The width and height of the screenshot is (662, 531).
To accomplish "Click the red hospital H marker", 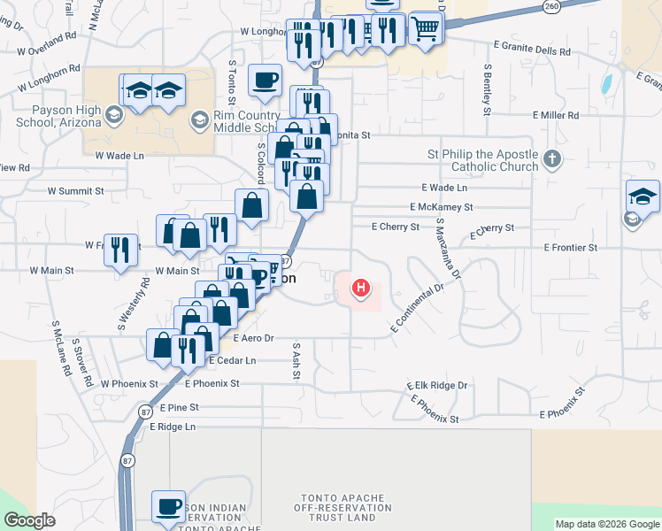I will tap(361, 288).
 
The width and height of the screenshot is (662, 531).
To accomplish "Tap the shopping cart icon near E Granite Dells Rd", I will tap(426, 28).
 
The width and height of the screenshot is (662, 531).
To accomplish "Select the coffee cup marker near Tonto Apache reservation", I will tap(168, 507).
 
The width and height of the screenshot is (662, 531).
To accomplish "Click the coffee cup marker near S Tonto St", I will tap(265, 81).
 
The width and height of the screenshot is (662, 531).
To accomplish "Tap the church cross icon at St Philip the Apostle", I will tap(551, 160).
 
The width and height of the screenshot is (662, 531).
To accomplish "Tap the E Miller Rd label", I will tap(555, 115).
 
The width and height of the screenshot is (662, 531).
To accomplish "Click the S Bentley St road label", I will tap(487, 89).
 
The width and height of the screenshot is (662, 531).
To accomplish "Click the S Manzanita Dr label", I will tap(449, 251).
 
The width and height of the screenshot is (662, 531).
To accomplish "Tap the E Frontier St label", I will tap(570, 248).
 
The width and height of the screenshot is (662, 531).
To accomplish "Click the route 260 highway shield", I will tap(551, 5).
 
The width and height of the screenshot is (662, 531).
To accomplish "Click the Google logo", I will tap(30, 520).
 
